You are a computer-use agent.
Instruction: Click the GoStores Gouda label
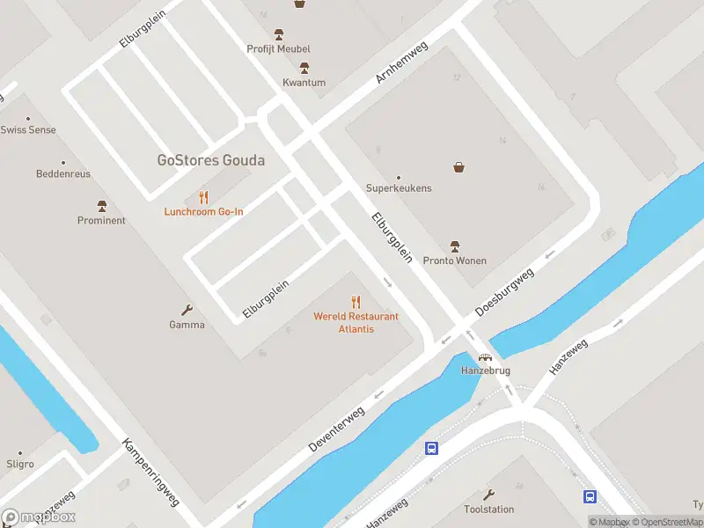[x=210, y=160]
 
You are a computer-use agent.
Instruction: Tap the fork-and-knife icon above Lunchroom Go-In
[x=204, y=197]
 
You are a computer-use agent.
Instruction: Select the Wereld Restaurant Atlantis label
[x=356, y=322]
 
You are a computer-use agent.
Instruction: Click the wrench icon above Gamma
[x=187, y=310]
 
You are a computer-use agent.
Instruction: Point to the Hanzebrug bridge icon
[x=485, y=357]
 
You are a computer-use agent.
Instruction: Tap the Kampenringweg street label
[x=150, y=472]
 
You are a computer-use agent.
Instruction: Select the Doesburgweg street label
[x=504, y=293]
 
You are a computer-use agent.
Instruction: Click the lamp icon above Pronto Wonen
[x=455, y=246]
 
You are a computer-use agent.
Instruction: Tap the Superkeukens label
[x=399, y=188]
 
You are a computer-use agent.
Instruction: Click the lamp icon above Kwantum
[x=304, y=69]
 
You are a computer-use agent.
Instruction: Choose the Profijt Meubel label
[x=279, y=48]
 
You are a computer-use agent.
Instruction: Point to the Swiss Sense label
[x=28, y=130]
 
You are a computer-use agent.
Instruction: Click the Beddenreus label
[x=63, y=174]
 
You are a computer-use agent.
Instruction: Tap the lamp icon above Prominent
[x=102, y=206]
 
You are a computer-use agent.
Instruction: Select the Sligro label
[x=19, y=464]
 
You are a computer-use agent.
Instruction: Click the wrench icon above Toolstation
[x=489, y=495]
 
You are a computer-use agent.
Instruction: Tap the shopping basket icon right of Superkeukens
[x=458, y=166]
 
